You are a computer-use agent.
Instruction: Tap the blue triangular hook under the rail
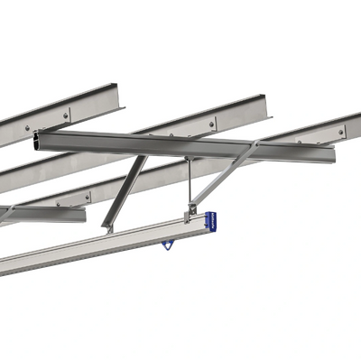[167, 243]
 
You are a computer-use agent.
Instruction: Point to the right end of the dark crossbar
[331, 153]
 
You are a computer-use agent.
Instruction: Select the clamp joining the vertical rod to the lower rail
[190, 214]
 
